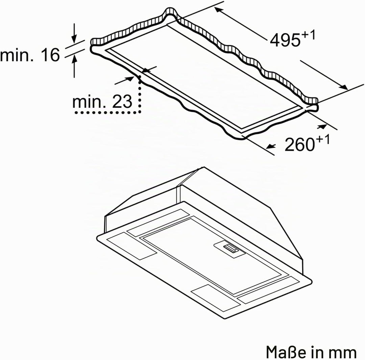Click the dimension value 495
285,40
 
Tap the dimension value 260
299,144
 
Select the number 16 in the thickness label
50,55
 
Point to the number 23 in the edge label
122,101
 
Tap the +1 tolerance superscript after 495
308,35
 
